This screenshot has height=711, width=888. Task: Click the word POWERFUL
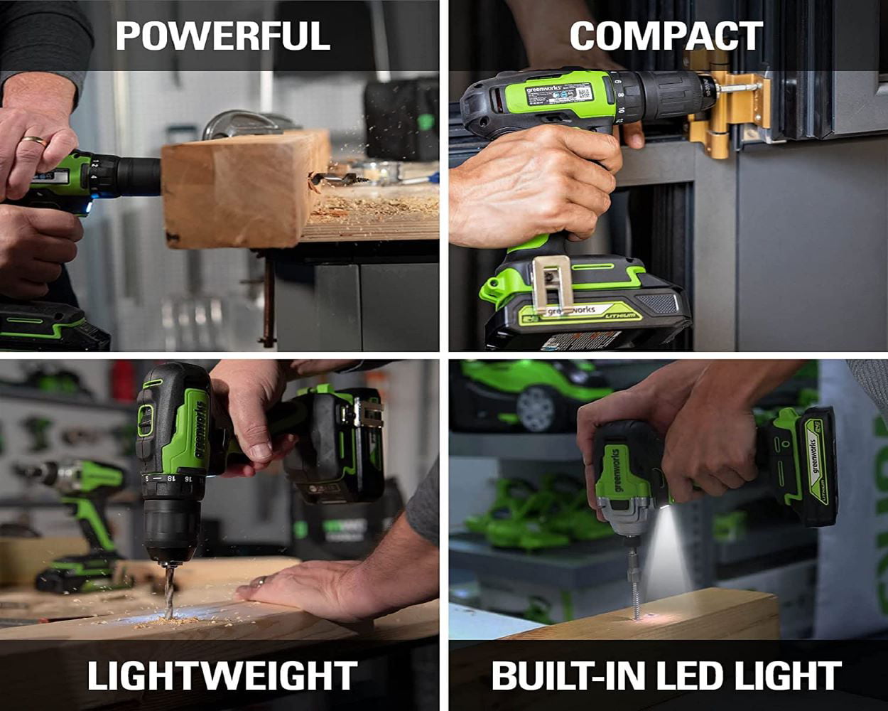pos(222,36)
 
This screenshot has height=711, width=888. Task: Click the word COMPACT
pos(666,36)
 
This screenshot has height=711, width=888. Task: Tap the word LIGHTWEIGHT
pos(222,675)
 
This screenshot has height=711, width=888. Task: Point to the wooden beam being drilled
pos(242,188)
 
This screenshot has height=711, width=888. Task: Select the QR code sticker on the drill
pos(583,92)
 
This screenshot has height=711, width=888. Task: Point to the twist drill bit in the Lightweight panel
pos(168,590)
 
